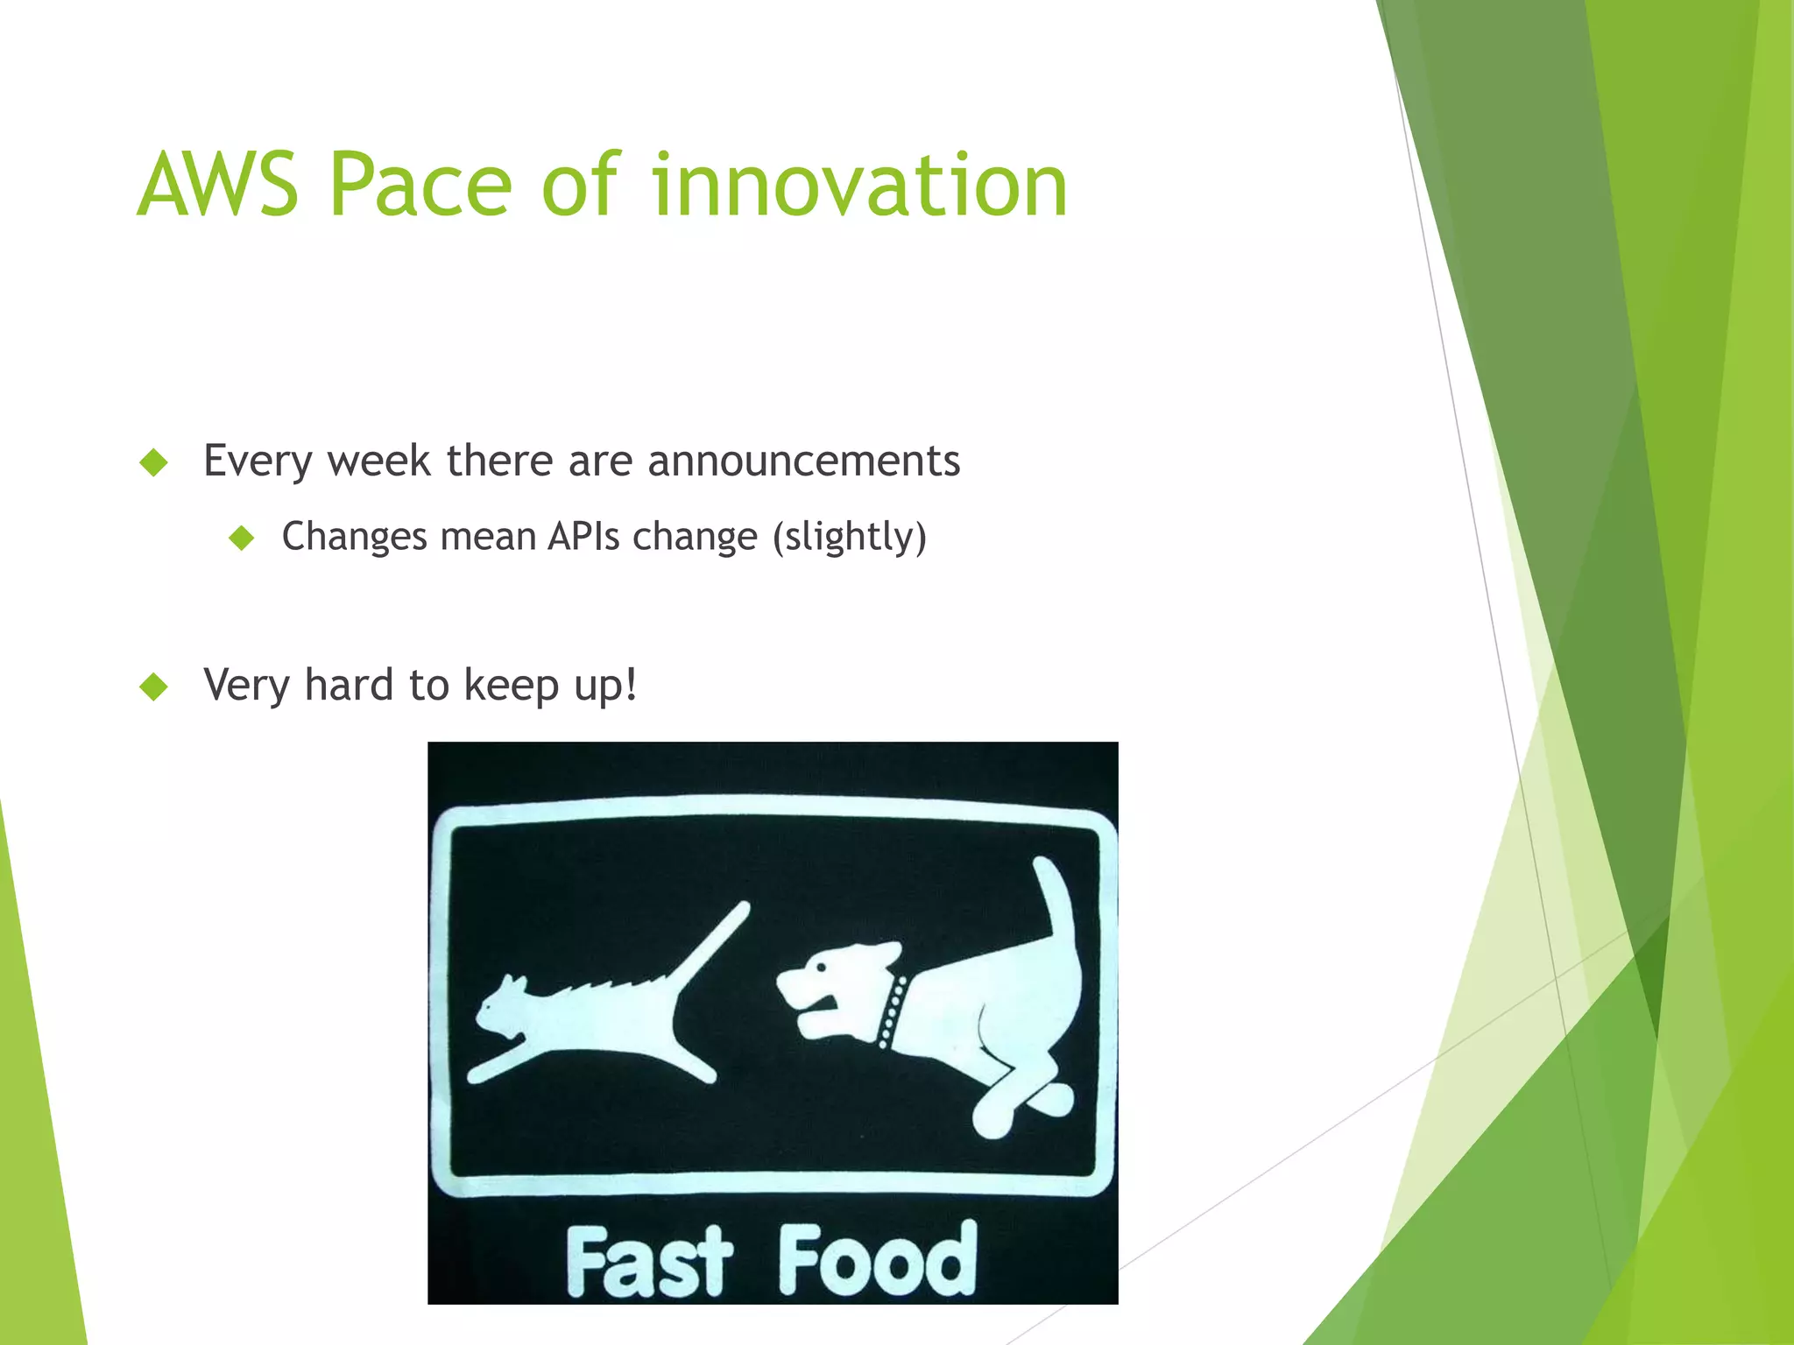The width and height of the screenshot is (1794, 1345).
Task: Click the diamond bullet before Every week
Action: pyautogui.click(x=153, y=462)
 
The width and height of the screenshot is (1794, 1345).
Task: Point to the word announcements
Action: pyautogui.click(x=803, y=461)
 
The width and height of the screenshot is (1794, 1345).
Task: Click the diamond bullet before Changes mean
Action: pyautogui.click(x=241, y=538)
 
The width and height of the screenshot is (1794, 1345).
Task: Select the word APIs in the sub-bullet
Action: pyautogui.click(x=583, y=536)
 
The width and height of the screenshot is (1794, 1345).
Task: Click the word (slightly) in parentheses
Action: pyautogui.click(x=849, y=536)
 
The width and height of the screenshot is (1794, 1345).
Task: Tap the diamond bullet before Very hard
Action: pyautogui.click(x=153, y=687)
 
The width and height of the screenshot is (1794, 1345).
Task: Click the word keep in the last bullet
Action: pyautogui.click(x=511, y=685)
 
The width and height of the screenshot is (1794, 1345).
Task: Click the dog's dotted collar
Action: pyautogui.click(x=893, y=1011)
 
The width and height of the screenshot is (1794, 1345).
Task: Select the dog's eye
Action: pyautogui.click(x=821, y=968)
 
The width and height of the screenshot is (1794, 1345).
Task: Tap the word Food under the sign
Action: pyautogui.click(x=877, y=1261)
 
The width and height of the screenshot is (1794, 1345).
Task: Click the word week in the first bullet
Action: pyautogui.click(x=378, y=461)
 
